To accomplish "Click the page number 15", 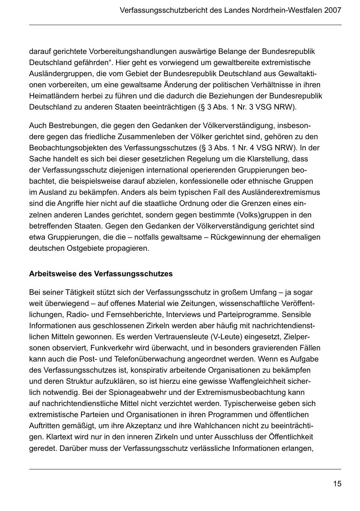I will coord(337,484).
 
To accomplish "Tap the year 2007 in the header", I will coord(332,10).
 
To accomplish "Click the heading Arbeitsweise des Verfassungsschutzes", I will coord(101,274).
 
